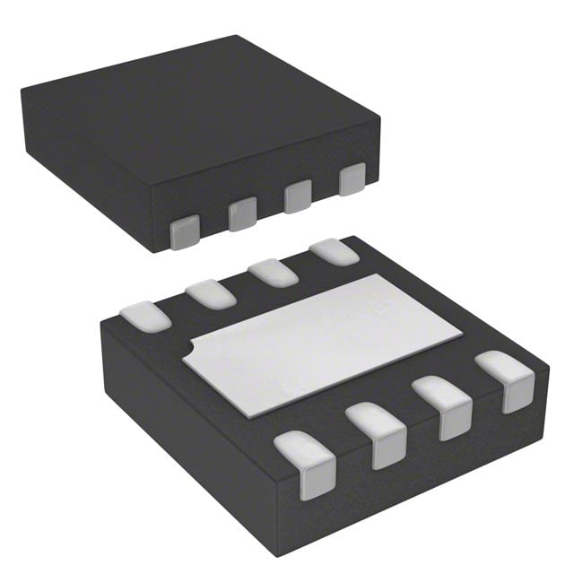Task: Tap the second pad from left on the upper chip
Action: tap(242, 213)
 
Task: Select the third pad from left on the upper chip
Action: tap(298, 196)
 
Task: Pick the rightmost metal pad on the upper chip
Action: tap(352, 178)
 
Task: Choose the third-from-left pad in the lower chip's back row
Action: tap(274, 272)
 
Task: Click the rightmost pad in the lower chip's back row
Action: tap(334, 252)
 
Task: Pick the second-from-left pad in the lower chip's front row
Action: tap(377, 434)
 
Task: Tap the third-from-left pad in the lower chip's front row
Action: tap(444, 406)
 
